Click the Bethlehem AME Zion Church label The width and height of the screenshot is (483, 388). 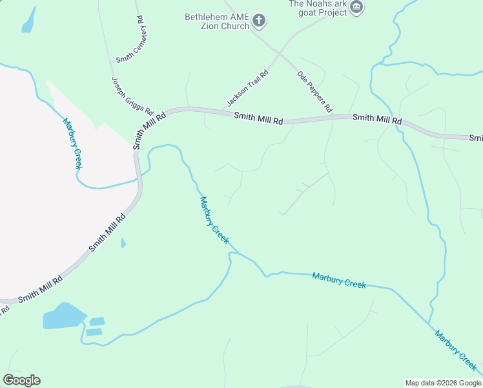click(x=216, y=21)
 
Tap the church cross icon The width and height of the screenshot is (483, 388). click(x=258, y=21)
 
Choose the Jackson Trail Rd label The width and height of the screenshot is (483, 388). click(x=247, y=90)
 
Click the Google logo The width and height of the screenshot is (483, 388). click(x=21, y=380)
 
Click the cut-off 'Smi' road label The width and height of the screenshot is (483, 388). click(x=476, y=138)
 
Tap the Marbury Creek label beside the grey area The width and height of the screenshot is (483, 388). click(x=72, y=143)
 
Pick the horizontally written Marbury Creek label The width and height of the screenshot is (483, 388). click(x=339, y=280)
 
